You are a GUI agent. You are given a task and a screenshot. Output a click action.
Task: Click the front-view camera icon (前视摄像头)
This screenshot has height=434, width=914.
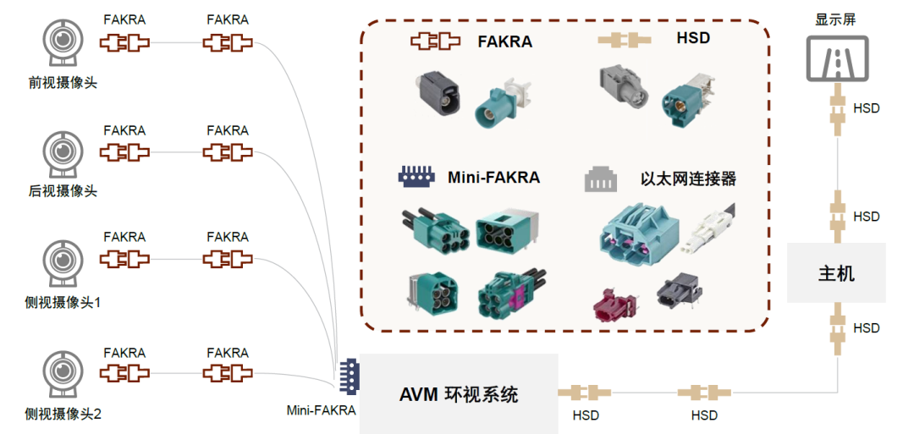(62, 47)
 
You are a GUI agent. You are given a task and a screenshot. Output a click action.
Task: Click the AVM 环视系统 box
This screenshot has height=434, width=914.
(459, 394)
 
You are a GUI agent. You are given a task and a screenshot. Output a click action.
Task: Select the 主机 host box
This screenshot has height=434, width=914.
(836, 273)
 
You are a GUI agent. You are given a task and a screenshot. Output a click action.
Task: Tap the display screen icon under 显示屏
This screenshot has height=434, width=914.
(835, 58)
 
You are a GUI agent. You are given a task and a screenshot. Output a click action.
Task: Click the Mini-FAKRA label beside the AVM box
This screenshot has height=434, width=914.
(321, 410)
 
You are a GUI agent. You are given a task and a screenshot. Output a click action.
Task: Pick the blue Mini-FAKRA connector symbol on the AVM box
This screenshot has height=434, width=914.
(348, 377)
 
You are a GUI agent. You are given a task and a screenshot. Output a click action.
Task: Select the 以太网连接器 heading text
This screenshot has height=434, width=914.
(688, 179)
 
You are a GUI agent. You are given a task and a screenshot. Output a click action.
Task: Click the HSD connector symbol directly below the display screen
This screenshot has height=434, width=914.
(836, 108)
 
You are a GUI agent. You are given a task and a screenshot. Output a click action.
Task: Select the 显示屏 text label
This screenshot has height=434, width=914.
(835, 19)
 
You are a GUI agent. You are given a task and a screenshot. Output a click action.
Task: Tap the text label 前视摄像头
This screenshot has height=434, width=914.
(63, 82)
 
